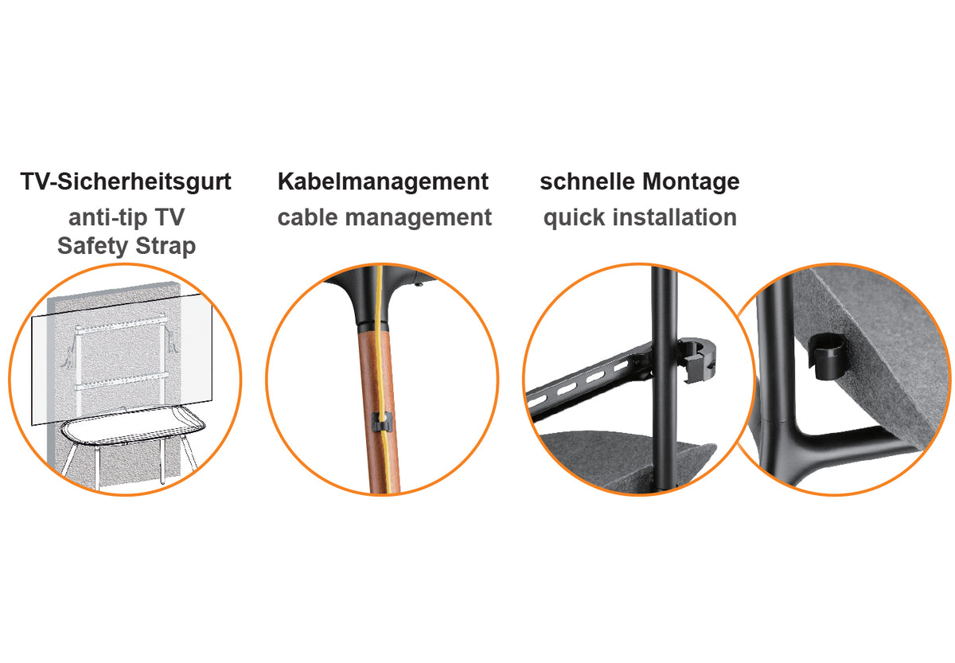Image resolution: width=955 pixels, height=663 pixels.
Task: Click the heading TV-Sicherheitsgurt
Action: click(x=126, y=182)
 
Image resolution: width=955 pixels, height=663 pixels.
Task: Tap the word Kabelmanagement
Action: click(x=383, y=181)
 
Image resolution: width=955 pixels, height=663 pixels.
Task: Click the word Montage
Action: click(x=691, y=182)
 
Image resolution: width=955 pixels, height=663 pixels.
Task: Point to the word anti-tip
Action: click(x=109, y=217)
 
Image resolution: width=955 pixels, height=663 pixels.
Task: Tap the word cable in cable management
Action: click(x=308, y=217)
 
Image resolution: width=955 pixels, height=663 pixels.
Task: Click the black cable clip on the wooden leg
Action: click(x=380, y=422)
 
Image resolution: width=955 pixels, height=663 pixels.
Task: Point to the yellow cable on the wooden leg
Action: click(x=384, y=380)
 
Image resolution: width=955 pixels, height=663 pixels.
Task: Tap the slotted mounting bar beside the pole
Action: click(x=588, y=380)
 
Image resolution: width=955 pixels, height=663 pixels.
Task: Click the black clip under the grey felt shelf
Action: click(x=827, y=357)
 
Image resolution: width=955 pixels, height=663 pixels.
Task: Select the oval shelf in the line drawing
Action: click(x=133, y=426)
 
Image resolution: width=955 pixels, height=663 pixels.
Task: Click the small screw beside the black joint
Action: click(x=419, y=283)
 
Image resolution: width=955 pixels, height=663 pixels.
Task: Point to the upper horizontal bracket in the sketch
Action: click(x=121, y=324)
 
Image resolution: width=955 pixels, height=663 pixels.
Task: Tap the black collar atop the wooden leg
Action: click(x=373, y=327)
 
